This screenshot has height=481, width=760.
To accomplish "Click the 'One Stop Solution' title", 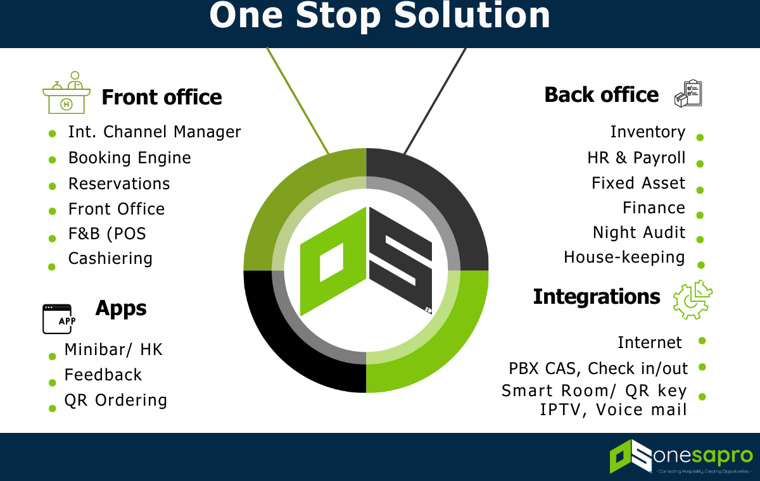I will click(380, 16).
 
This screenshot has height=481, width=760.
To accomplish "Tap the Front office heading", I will click(161, 97).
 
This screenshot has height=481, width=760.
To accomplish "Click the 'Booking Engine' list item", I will click(129, 158).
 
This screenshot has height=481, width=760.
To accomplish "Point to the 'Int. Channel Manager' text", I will click(155, 132).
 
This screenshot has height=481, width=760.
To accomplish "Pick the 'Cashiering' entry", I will click(110, 258).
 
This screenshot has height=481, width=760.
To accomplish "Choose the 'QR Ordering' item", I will click(116, 400).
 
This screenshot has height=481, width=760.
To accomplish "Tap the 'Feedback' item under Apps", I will click(103, 375).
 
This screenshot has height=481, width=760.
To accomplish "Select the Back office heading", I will click(602, 95).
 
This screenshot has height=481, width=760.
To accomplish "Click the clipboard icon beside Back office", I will click(688, 94).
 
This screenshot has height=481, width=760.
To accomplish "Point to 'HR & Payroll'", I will click(636, 158).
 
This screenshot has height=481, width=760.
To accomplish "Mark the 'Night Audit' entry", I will click(639, 232).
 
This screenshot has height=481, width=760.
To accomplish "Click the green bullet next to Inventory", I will click(700, 137).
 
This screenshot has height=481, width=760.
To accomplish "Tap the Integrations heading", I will click(597, 296).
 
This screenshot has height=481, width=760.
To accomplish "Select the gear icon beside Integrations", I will click(692, 299).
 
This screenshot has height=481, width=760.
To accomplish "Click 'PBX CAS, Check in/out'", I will click(598, 368).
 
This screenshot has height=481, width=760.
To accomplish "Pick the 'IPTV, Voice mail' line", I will click(613, 410).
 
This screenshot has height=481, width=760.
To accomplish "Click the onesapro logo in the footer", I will click(681, 456).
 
